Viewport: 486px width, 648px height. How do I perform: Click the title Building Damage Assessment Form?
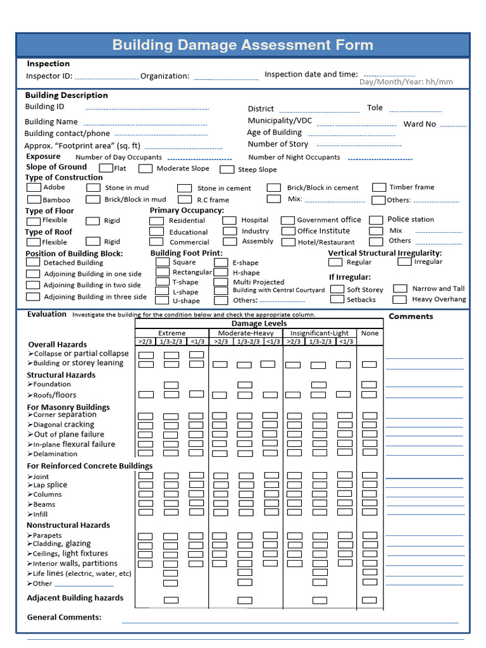tap(242, 45)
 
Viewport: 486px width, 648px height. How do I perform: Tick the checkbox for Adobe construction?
tap(33, 187)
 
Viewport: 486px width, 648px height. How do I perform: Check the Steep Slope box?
tap(227, 169)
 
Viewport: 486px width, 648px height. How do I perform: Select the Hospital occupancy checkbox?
tap(229, 220)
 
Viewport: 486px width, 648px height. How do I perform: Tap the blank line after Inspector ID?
tap(106, 78)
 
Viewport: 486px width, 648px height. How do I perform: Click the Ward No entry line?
tap(453, 125)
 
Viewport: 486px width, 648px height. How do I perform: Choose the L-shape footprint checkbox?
tap(163, 292)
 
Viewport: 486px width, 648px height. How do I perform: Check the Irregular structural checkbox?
tap(404, 261)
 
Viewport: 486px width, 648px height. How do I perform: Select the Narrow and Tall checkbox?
tap(399, 289)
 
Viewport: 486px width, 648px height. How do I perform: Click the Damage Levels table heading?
tap(259, 323)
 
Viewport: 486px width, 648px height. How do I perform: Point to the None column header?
tap(370, 333)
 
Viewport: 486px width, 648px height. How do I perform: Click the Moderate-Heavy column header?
tap(246, 333)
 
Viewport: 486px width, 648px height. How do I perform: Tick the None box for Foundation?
tap(369, 385)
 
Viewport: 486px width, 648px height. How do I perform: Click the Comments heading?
tap(411, 316)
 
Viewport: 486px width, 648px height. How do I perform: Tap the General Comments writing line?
tap(290, 621)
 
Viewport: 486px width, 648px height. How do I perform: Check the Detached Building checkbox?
tap(33, 263)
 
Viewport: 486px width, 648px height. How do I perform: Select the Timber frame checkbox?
tap(379, 187)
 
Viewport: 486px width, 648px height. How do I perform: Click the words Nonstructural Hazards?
tap(68, 525)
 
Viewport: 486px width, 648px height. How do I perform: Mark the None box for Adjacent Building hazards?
tap(369, 600)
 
